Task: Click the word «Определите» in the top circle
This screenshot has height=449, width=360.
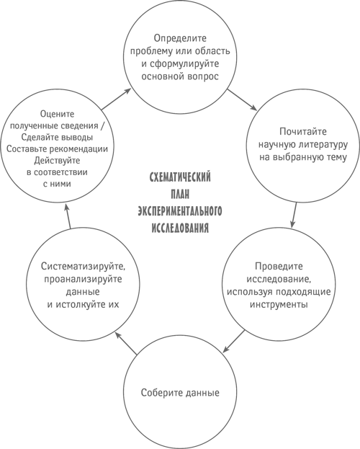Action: point(180,38)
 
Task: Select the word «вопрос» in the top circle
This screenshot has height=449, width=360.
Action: point(203,76)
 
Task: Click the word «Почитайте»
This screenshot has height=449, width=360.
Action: point(303,131)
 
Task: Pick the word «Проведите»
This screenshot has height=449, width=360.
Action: point(279,267)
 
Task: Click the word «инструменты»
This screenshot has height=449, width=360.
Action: point(279,304)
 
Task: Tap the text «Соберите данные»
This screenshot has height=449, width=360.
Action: point(180,393)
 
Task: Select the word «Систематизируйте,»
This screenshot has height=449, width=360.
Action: point(84,267)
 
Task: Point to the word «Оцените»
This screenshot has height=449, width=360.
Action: point(57,114)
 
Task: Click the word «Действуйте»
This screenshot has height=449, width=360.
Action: point(57,161)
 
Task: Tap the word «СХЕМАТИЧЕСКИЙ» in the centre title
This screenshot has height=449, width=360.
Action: point(180,177)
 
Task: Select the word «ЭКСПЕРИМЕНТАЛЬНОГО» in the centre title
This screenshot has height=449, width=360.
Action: point(180,211)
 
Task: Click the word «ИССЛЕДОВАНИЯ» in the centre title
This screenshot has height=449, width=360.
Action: point(180,228)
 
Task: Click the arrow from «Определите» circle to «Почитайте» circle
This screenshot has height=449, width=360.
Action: point(242,99)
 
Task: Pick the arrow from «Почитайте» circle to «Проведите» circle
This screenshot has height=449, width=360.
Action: point(294,215)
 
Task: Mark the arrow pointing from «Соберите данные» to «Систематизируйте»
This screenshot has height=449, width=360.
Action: point(126,342)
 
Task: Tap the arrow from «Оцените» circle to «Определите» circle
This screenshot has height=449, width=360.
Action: point(117,99)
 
